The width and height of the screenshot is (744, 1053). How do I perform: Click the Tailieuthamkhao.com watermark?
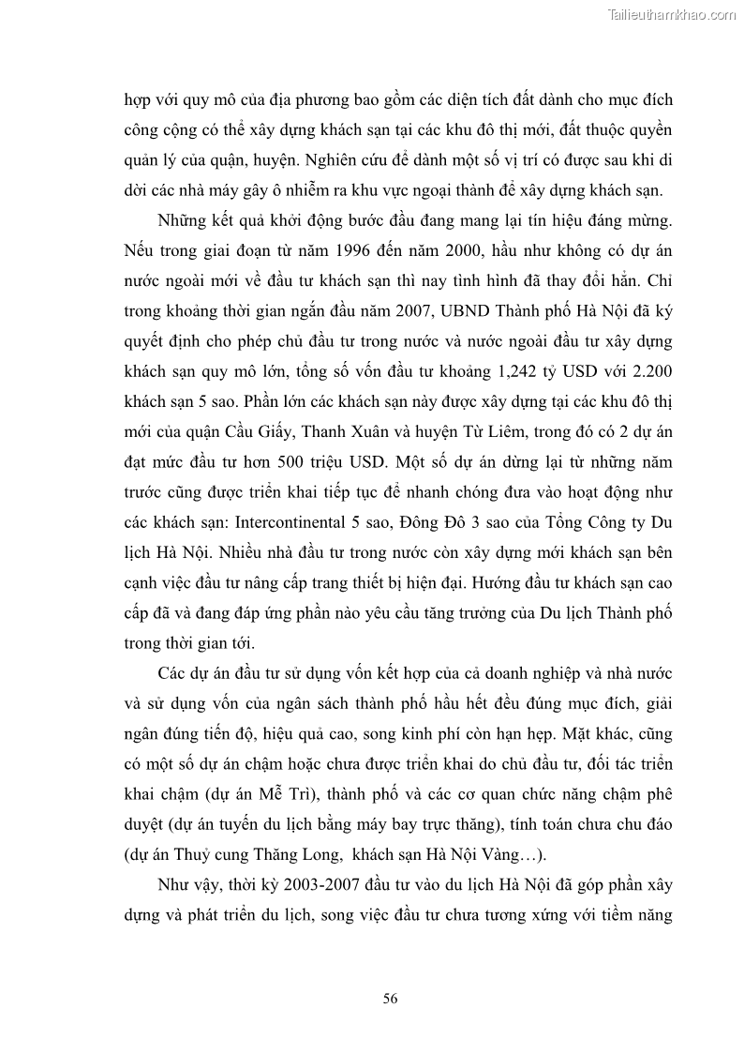point(672,14)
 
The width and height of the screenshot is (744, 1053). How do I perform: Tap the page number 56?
point(391,998)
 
